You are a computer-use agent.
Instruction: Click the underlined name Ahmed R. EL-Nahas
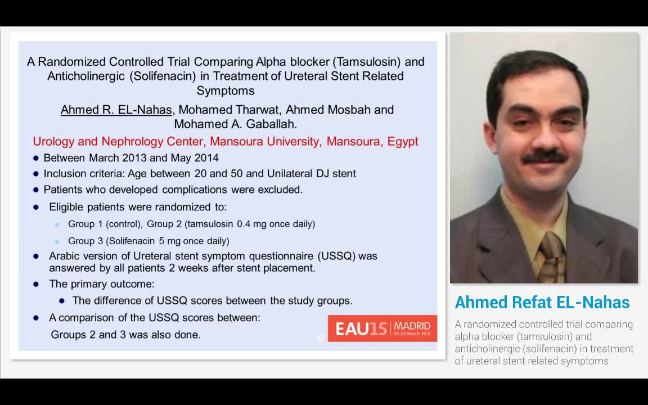[x=116, y=110]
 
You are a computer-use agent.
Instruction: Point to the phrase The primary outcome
[x=102, y=284]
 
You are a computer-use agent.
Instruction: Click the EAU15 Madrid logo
[x=382, y=328]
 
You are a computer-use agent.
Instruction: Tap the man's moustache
[x=543, y=157]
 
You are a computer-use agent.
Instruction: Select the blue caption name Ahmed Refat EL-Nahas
[x=542, y=303]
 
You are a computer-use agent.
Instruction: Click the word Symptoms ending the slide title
[x=225, y=91]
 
